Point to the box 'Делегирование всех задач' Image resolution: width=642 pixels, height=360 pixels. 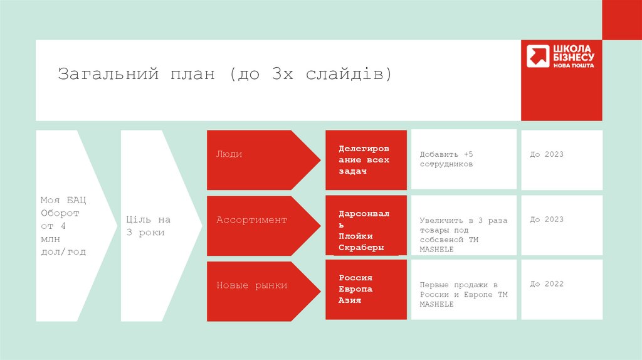coord(365,160)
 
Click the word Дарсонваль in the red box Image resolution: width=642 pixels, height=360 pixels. coord(364,220)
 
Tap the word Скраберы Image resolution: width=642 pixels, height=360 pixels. coord(360,248)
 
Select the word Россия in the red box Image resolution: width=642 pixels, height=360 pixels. coord(355,278)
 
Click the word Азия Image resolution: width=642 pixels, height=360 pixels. coord(350,300)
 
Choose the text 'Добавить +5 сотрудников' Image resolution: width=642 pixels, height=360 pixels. coord(448,159)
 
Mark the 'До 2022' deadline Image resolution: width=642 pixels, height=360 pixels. coord(547,284)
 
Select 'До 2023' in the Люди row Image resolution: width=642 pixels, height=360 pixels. coord(547,154)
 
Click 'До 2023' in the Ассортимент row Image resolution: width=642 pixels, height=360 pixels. coord(547,220)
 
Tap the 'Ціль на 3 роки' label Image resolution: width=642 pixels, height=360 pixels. coord(148,226)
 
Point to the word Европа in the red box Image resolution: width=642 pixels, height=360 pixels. coord(355,289)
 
